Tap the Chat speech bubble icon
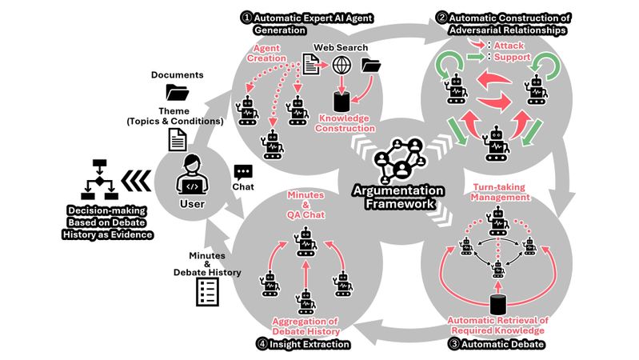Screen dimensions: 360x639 pos(243,172)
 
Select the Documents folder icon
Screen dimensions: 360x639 pos(177,93)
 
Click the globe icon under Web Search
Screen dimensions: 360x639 pos(342,66)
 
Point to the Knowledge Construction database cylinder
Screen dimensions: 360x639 pos(342,101)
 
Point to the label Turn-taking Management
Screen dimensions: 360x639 pos(499,191)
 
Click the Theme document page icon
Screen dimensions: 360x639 pos(177,141)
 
